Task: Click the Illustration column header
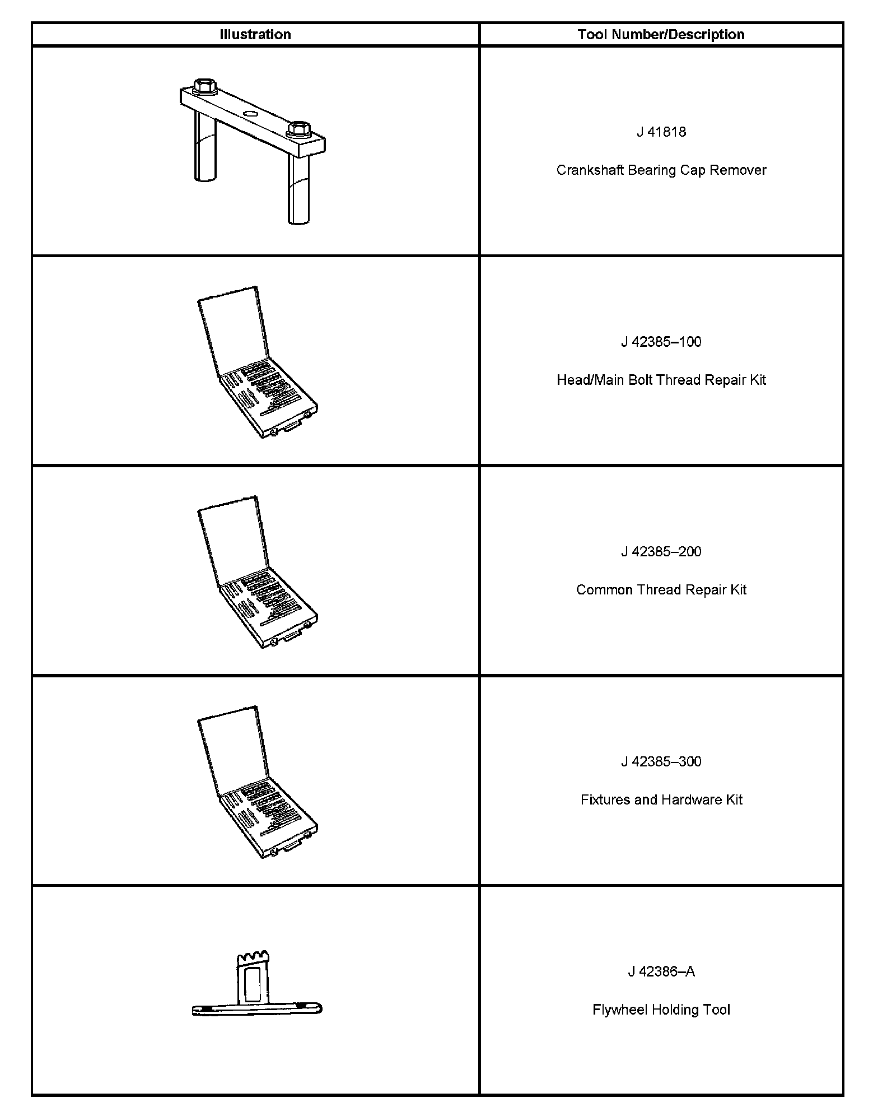point(255,35)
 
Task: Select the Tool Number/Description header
point(661,35)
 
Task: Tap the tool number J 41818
point(661,132)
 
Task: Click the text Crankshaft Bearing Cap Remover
point(661,170)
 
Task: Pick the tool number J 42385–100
point(661,342)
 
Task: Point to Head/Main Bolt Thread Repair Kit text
point(661,380)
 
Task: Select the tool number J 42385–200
point(661,552)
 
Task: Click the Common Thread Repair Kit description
point(661,590)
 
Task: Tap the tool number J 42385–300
point(661,762)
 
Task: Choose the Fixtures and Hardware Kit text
point(661,800)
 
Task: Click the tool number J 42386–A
point(661,972)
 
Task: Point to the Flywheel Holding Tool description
point(661,1010)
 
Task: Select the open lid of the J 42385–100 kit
point(231,328)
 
